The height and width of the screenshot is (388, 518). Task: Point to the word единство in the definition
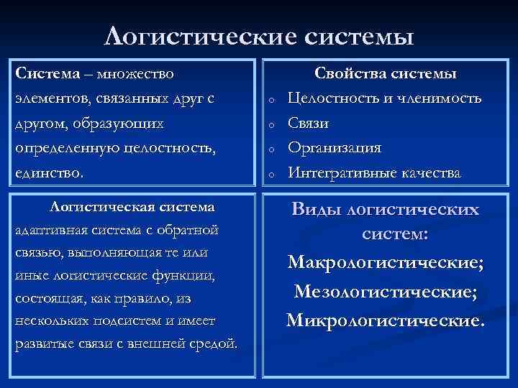click(47, 173)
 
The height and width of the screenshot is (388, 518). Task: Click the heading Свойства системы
click(386, 74)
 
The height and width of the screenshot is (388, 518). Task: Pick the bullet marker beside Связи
click(271, 125)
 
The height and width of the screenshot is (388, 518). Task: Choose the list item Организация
click(334, 147)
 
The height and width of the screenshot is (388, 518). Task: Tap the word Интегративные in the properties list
click(339, 172)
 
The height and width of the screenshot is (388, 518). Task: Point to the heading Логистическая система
click(132, 207)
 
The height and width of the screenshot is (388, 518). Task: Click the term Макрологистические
click(386, 262)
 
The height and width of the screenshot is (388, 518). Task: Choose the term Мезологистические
click(386, 291)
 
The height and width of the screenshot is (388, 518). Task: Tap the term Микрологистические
click(386, 319)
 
